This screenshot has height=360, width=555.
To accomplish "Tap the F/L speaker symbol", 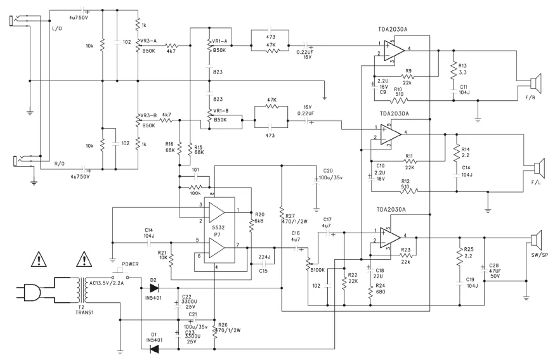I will pos(538,168).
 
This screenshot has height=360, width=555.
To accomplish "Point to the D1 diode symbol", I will pos(153,349).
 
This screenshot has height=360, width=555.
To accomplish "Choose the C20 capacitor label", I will pos(328,170).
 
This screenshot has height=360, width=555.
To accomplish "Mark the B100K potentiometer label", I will pos(315,270).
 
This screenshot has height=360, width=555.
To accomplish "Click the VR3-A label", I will pos(149,39).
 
